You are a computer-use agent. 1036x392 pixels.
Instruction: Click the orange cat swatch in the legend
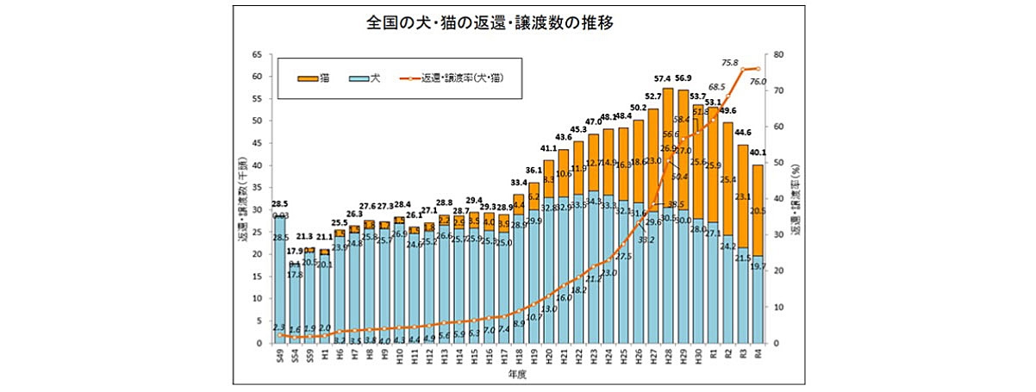coord(306,79)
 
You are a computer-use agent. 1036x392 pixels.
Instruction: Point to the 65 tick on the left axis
coord(257,54)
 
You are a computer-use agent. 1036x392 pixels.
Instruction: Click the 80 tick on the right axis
coord(780,54)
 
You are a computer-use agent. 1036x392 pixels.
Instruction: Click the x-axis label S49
coord(279,356)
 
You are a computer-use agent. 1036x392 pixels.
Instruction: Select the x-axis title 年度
coord(517,376)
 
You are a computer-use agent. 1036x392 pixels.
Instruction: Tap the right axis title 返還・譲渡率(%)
coord(799,198)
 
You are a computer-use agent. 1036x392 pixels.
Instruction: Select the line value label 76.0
coord(759,81)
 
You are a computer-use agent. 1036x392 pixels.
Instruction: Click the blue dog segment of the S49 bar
coord(279,284)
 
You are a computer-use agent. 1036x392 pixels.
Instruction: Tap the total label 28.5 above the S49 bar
coord(279,204)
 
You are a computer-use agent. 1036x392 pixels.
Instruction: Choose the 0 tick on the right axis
coord(777,343)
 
